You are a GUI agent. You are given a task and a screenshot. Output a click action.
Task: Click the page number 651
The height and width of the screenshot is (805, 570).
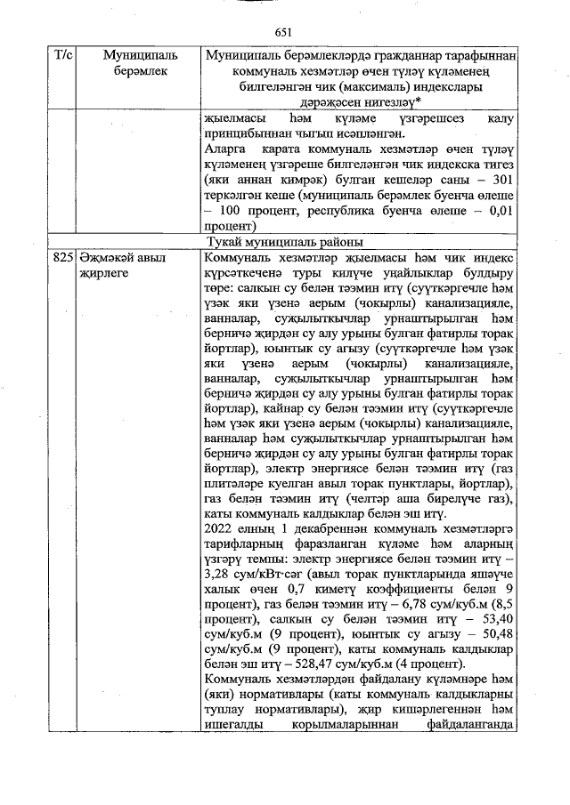[x=284, y=32]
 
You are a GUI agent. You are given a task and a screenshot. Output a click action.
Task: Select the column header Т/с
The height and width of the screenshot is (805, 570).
[x=63, y=56]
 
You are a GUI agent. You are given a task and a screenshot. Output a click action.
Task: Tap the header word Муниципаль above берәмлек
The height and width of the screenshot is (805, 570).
[x=128, y=56]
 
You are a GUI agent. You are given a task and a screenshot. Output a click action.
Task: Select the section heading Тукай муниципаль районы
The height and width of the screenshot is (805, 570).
[x=284, y=241]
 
